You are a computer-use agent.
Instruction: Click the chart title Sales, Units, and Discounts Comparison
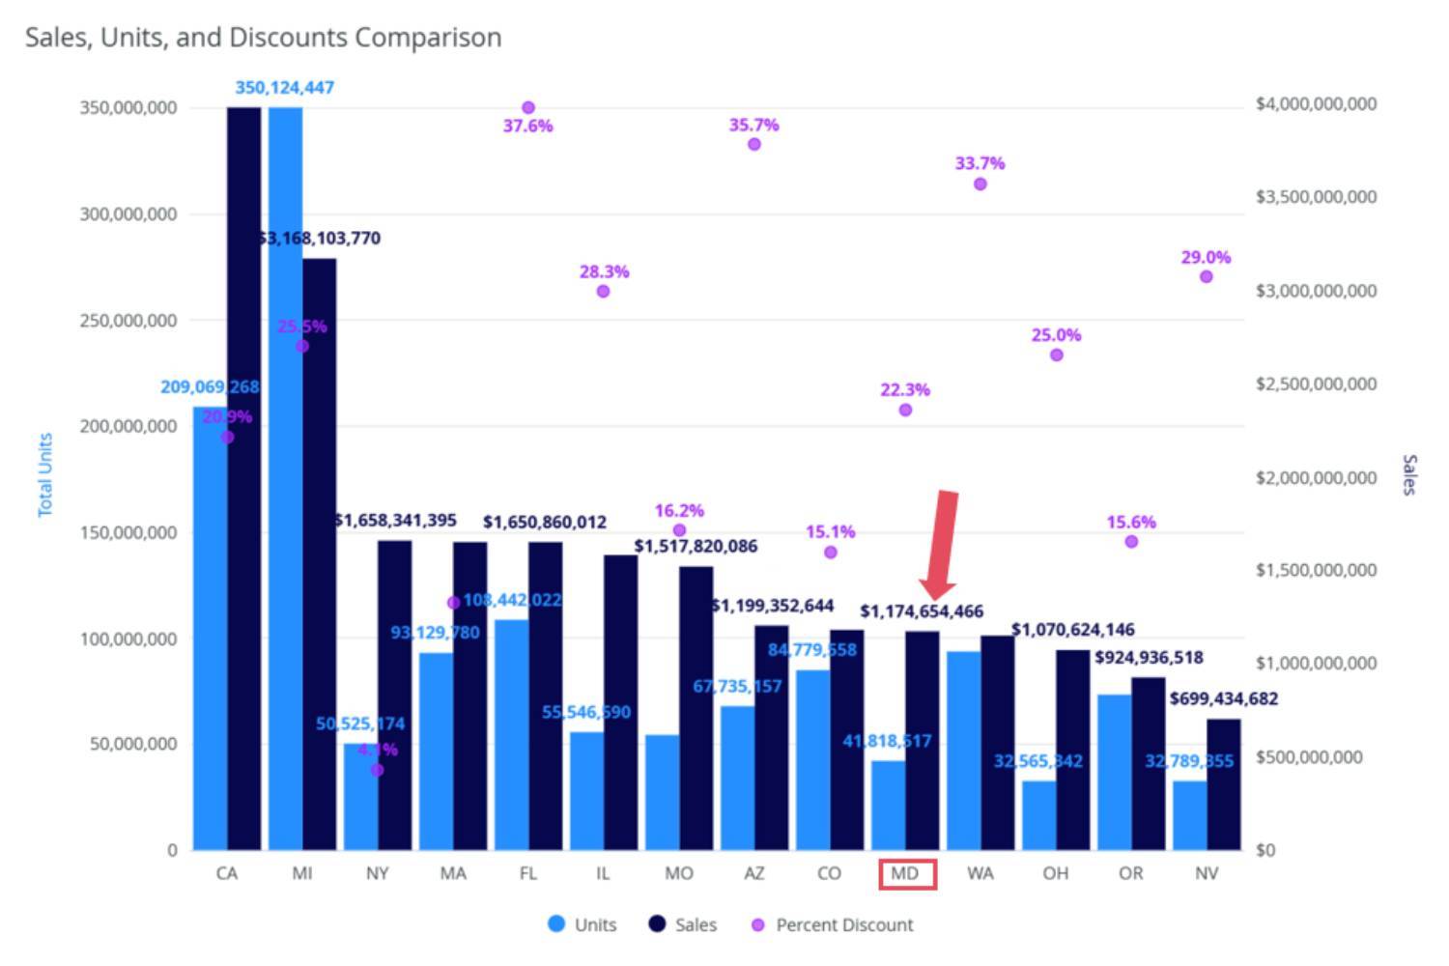point(263,38)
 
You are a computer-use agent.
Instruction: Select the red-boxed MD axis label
point(906,874)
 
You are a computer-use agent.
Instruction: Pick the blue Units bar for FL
point(512,734)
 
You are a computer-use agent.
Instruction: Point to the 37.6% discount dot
point(527,108)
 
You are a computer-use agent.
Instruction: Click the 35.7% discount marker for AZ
point(753,144)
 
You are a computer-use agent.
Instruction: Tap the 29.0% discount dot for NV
point(1206,277)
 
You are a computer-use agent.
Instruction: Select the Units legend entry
point(582,924)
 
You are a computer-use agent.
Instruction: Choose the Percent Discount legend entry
point(832,924)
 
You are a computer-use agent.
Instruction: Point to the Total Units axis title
point(45,474)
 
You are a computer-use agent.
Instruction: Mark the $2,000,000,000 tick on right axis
point(1316,477)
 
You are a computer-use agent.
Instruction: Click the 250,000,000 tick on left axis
point(128,320)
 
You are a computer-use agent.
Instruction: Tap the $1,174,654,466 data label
point(922,611)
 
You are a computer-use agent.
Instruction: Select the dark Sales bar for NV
point(1223,783)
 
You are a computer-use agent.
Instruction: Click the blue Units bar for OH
point(1038,815)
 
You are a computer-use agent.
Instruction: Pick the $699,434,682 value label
point(1223,698)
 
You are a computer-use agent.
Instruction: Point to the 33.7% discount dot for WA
point(980,184)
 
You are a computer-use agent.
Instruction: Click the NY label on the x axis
point(378,873)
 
